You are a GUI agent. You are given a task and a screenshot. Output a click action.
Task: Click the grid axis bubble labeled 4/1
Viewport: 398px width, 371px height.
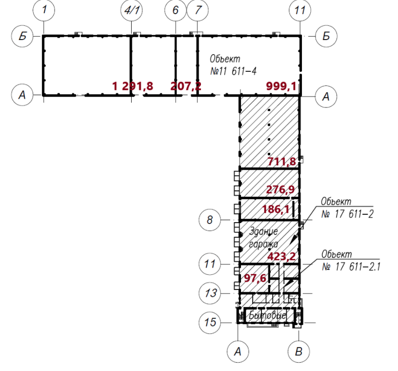pyautogui.click(x=132, y=10)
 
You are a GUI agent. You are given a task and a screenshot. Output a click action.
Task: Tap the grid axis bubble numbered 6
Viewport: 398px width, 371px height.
pyautogui.click(x=176, y=10)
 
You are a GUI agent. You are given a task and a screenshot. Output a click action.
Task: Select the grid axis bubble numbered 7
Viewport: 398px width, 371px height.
pyautogui.click(x=198, y=10)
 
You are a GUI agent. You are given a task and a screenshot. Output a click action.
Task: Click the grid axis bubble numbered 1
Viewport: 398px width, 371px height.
pyautogui.click(x=44, y=10)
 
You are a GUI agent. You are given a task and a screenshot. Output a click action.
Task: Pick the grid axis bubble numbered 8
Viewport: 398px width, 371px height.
pyautogui.click(x=210, y=220)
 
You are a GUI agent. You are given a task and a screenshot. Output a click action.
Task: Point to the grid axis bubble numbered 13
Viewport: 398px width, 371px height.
pyautogui.click(x=210, y=293)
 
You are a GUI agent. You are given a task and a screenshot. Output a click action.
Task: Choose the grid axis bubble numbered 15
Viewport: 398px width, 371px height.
pyautogui.click(x=210, y=323)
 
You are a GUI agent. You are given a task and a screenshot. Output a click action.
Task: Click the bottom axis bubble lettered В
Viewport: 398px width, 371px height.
pyautogui.click(x=299, y=351)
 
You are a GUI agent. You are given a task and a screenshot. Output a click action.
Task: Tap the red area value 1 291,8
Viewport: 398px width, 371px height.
pyautogui.click(x=133, y=86)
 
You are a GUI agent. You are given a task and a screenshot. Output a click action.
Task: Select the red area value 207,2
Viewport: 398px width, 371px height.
pyautogui.click(x=186, y=86)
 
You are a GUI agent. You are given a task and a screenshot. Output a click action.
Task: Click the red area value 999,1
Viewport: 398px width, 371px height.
pyautogui.click(x=281, y=86)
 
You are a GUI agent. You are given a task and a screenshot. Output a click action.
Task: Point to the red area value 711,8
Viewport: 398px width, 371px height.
pyautogui.click(x=282, y=162)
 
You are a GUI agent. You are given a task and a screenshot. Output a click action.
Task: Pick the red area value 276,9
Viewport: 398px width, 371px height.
pyautogui.click(x=280, y=189)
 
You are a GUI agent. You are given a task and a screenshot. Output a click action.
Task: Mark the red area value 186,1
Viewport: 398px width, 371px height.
pyautogui.click(x=276, y=209)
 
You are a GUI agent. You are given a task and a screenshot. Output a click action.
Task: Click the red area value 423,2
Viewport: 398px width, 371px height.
pyautogui.click(x=281, y=256)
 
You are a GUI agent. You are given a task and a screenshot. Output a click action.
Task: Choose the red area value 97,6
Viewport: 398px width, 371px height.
pyautogui.click(x=255, y=278)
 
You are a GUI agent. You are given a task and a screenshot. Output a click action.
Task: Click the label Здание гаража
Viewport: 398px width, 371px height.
pyautogui.click(x=263, y=238)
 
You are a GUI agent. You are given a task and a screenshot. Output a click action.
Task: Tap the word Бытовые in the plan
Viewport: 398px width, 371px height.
pyautogui.click(x=267, y=315)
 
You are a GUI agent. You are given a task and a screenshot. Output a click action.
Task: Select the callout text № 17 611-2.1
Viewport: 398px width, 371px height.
pyautogui.click(x=351, y=267)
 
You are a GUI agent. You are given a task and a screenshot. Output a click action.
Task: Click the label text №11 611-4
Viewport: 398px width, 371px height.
pyautogui.click(x=233, y=71)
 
